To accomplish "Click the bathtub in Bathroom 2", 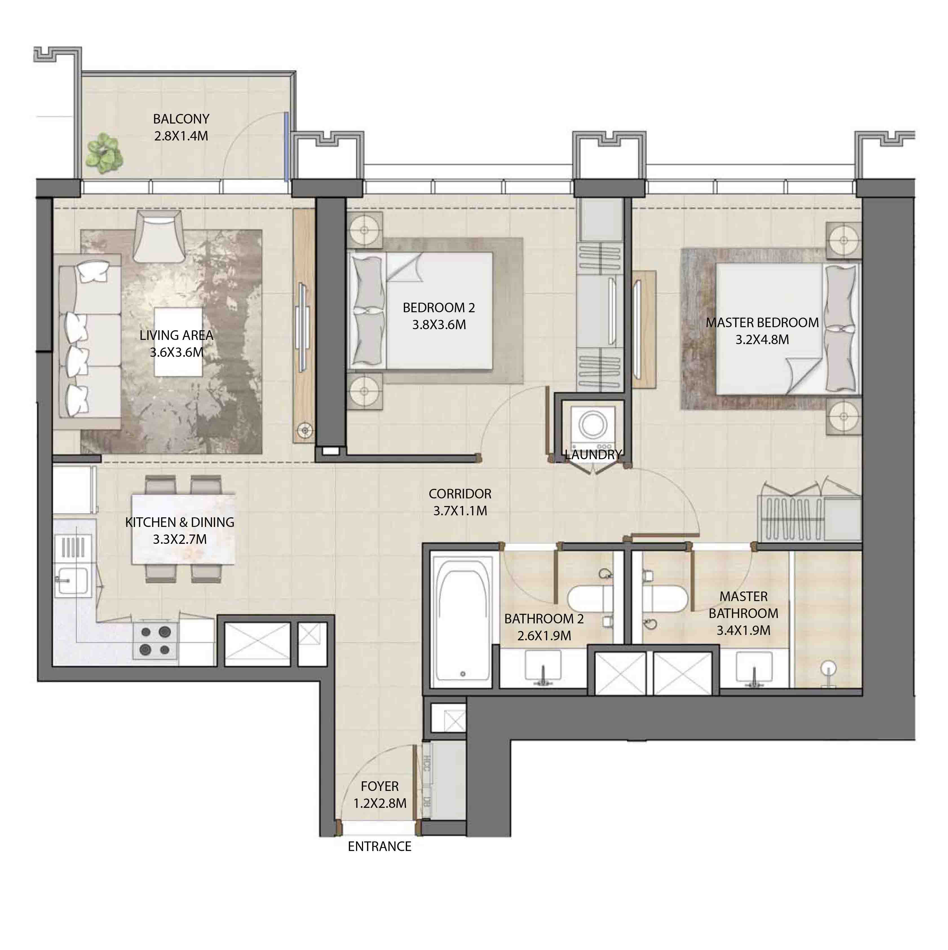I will (x=462, y=621).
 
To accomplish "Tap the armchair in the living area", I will (x=159, y=237).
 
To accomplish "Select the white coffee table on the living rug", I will (x=178, y=342).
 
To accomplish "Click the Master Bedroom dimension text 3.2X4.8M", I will (x=762, y=339).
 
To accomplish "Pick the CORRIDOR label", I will (x=459, y=494).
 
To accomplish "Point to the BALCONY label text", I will (x=181, y=119).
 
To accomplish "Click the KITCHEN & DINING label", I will (x=179, y=522).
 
